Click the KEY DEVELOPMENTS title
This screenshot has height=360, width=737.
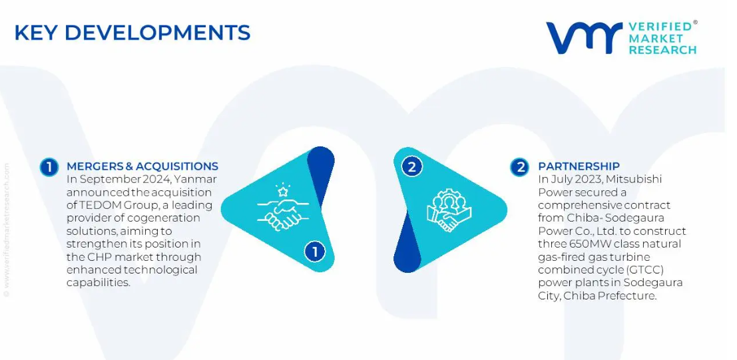coord(132,33)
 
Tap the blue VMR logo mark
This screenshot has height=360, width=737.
coord(584,38)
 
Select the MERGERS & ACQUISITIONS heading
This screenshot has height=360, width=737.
coord(142,166)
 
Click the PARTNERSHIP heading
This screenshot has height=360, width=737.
coord(579,166)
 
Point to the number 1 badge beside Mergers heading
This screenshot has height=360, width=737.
coord(49,167)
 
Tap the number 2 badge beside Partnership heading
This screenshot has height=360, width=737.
coord(519,167)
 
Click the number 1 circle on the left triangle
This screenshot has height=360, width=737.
coord(314,252)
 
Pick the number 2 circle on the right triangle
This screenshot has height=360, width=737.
coord(411,167)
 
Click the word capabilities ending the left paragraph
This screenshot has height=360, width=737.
coord(99,283)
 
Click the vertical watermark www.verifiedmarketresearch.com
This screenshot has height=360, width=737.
coord(6,230)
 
